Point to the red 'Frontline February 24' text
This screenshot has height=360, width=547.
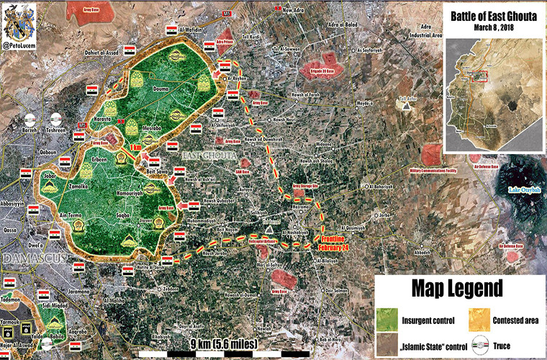pos(335,242)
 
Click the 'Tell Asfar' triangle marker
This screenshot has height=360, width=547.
pos(408,104)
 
